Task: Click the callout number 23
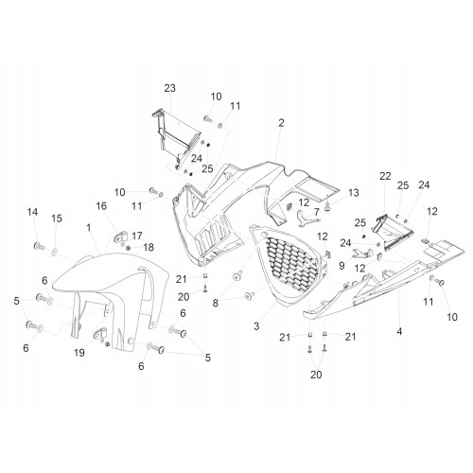(x=169, y=88)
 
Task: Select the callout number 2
(x=281, y=123)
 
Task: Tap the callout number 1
(x=89, y=227)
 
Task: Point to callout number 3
(x=256, y=325)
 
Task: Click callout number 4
(x=399, y=331)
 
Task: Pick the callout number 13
(x=354, y=192)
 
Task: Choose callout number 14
(x=32, y=212)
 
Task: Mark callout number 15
(x=57, y=219)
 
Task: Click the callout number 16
(x=101, y=206)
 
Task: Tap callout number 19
(x=79, y=353)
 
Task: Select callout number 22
(x=385, y=176)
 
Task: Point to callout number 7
(x=316, y=212)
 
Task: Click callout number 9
(x=342, y=266)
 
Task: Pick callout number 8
(x=216, y=303)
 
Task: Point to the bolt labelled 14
(x=39, y=246)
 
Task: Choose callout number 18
(x=149, y=248)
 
